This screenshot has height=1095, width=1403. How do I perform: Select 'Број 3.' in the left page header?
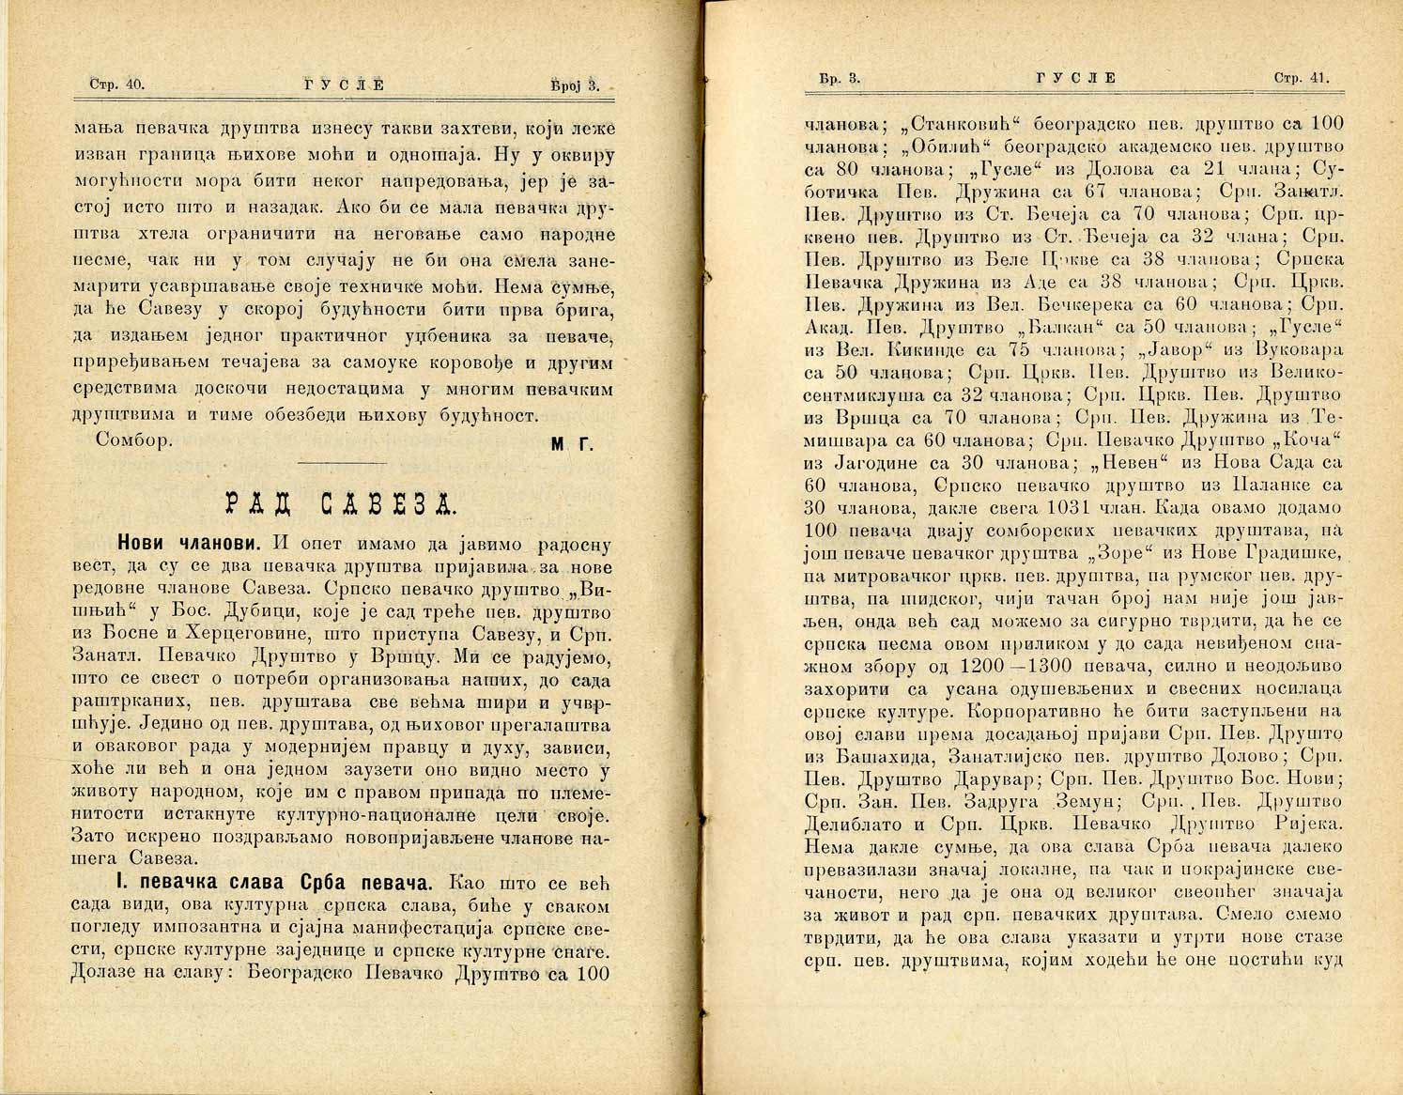(574, 85)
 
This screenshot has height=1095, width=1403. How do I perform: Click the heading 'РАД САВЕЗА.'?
(342, 504)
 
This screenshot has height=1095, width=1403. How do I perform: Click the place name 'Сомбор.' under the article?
(134, 442)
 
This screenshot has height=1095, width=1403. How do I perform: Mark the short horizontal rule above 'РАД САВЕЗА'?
(341, 463)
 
